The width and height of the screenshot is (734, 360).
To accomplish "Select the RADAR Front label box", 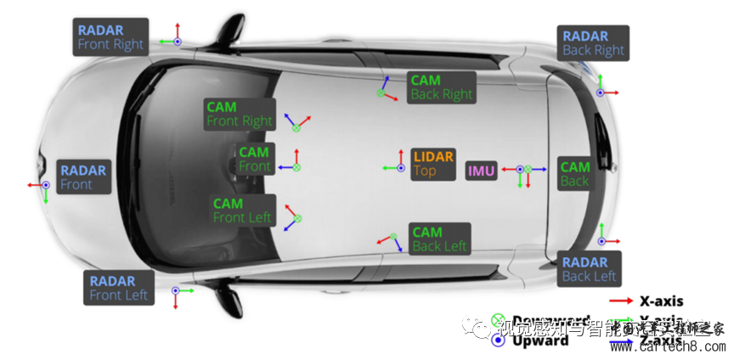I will [83, 177].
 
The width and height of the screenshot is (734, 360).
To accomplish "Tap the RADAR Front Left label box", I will [119, 289].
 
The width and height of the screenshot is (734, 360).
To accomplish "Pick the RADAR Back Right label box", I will [594, 43].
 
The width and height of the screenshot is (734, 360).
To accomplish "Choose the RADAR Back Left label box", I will [589, 269].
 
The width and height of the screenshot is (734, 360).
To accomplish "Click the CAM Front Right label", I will [239, 114].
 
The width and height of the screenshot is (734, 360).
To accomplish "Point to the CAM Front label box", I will [254, 160].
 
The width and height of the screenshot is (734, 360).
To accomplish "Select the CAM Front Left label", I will [242, 211].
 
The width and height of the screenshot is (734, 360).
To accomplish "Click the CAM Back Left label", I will [439, 239].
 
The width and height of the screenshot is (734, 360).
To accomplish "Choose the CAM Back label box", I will [575, 174].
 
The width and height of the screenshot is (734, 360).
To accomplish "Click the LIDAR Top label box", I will [432, 163].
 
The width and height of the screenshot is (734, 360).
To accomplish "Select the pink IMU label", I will [481, 172].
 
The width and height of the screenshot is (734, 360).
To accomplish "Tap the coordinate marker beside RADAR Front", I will [45, 184].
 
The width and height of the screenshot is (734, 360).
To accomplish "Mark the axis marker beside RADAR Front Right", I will [177, 41].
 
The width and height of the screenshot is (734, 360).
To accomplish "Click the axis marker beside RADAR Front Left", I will [176, 291].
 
